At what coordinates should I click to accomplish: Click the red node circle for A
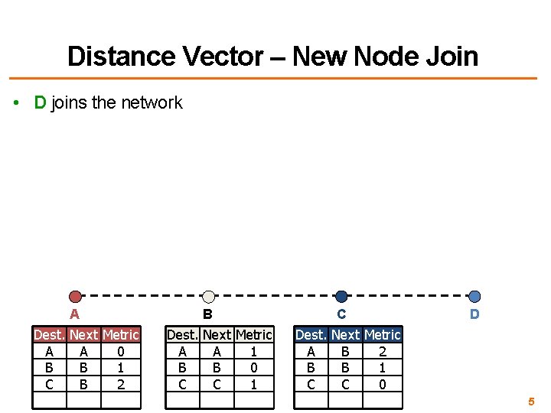tap(75, 297)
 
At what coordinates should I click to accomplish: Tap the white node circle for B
tap(208, 297)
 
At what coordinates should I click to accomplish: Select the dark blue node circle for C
tap(341, 297)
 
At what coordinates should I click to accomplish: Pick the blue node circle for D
tap(474, 297)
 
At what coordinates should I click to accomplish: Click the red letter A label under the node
tap(74, 314)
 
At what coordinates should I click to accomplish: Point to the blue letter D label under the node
tap(474, 314)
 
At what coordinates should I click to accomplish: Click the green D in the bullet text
tap(41, 102)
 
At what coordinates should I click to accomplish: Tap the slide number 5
tap(531, 401)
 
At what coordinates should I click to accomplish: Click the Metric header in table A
tap(121, 335)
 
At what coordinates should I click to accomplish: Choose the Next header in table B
tap(217, 335)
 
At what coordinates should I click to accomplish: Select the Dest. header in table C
tap(311, 335)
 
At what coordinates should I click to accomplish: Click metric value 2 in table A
tap(121, 384)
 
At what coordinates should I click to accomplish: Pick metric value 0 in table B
tap(254, 368)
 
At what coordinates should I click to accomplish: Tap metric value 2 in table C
tap(383, 352)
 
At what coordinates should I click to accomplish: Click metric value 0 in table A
tap(121, 352)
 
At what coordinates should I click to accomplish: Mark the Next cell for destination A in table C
tap(345, 352)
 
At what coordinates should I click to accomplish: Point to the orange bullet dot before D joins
tap(17, 103)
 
